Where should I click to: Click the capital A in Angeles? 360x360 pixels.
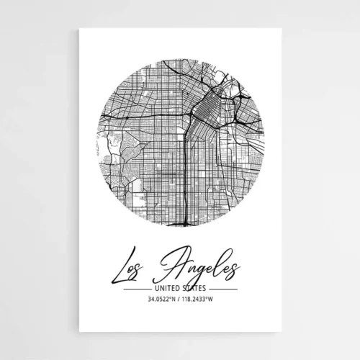point(177,262)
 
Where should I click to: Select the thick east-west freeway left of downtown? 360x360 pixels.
point(144,115)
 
